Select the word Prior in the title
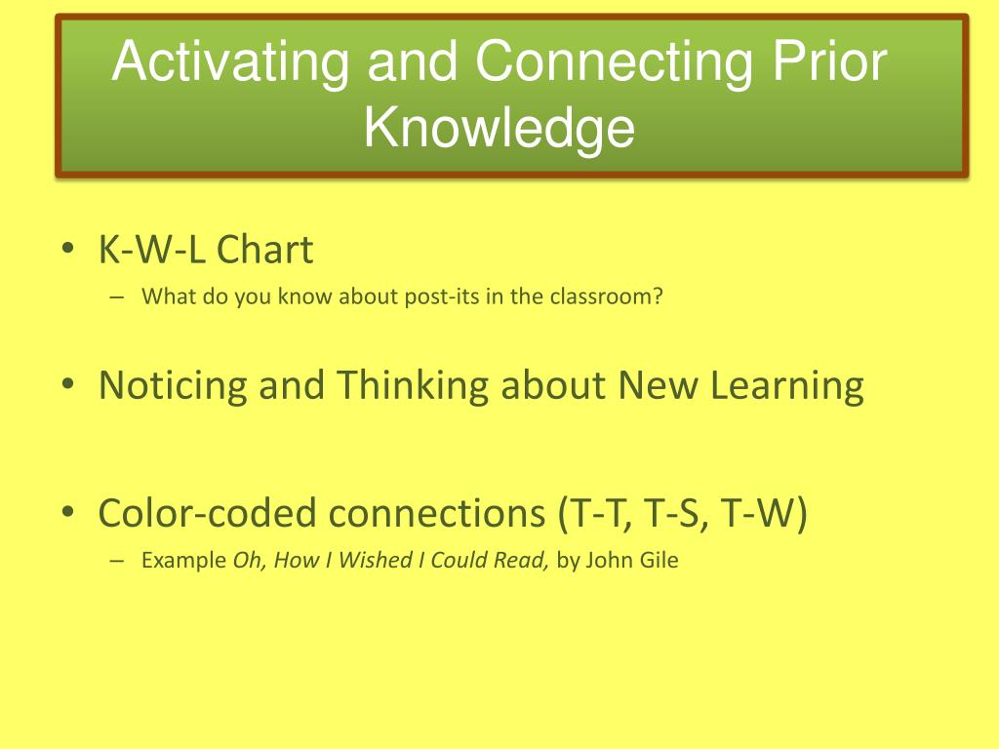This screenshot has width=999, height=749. tap(829, 60)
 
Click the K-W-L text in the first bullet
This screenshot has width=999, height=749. tap(151, 249)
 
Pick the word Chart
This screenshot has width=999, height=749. tap(264, 249)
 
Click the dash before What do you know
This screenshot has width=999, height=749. tap(117, 296)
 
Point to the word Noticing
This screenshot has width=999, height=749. tap(173, 386)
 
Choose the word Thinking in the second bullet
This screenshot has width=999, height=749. tap(413, 386)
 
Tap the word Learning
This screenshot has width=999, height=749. tap(787, 386)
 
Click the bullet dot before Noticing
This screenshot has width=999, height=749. tap(68, 384)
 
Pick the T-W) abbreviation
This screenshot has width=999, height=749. tap(764, 513)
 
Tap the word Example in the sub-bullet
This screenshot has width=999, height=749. tap(183, 561)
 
